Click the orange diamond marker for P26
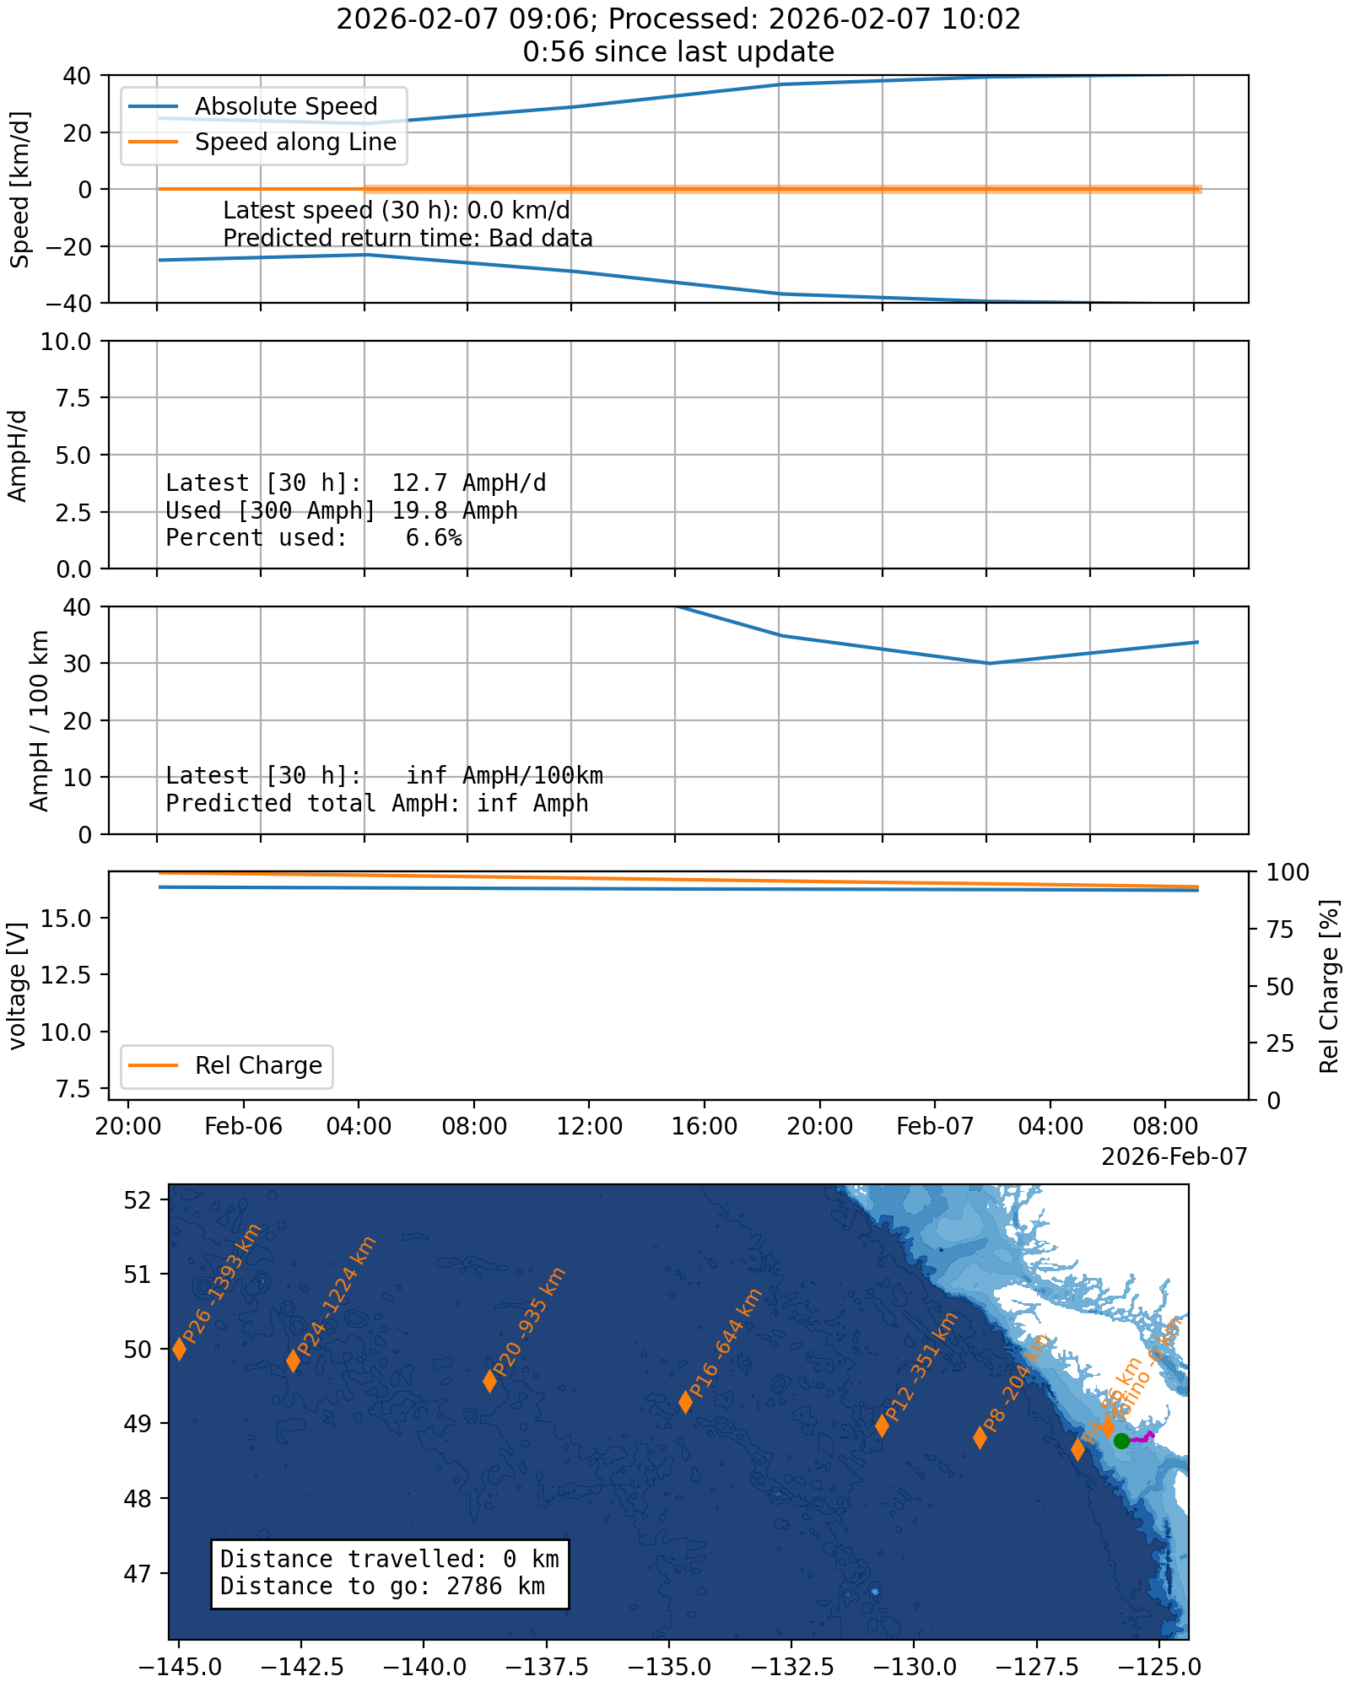(180, 1349)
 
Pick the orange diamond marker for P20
(489, 1381)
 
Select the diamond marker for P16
(686, 1402)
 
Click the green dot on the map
(1121, 1441)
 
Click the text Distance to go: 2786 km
(382, 1586)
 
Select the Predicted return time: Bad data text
(408, 239)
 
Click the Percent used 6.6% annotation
(313, 538)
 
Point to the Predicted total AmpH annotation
(376, 803)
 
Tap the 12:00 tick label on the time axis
(589, 1127)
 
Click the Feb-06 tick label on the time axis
(243, 1127)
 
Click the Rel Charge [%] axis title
(1330, 986)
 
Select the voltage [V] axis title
(18, 986)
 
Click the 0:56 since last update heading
(678, 52)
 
